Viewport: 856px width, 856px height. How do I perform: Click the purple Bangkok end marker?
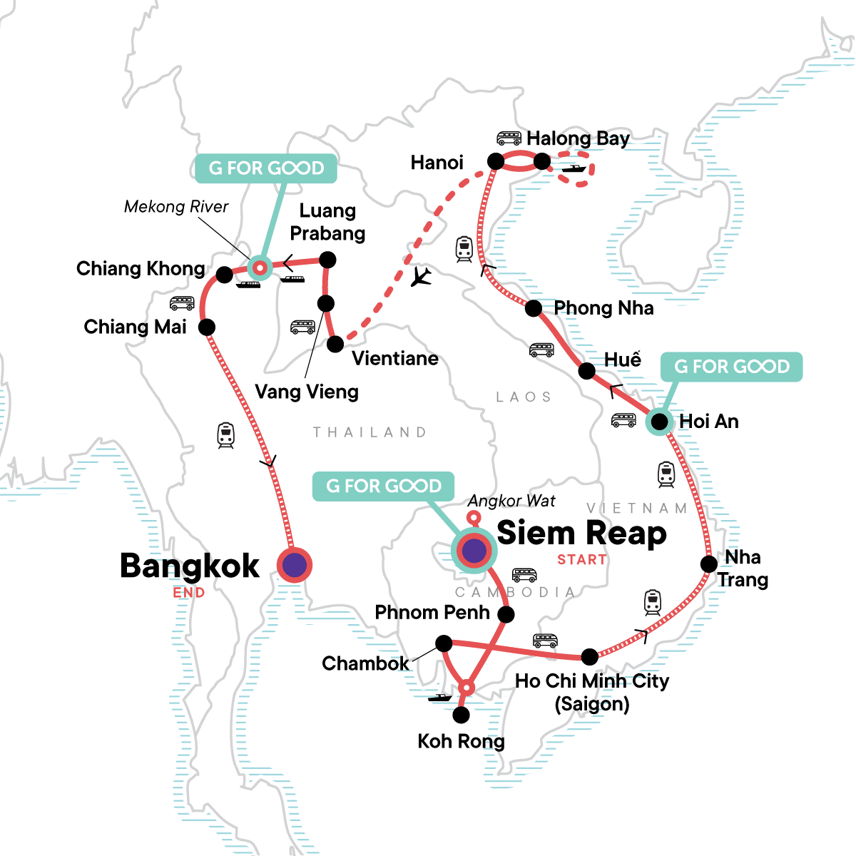tap(295, 566)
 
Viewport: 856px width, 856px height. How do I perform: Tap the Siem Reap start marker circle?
tap(474, 550)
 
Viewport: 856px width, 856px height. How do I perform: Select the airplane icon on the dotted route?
tap(422, 277)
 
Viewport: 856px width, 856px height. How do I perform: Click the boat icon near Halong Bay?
tap(574, 169)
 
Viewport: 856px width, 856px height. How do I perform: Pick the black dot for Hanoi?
tap(496, 162)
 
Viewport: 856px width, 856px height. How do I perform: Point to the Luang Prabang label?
tap(327, 222)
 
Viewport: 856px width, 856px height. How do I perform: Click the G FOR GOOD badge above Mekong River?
tap(266, 168)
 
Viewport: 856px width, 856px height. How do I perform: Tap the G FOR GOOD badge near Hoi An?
tap(732, 367)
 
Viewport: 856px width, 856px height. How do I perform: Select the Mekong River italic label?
tap(176, 207)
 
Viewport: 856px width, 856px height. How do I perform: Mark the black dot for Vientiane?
tap(335, 345)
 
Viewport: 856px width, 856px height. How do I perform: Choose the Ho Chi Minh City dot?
tap(589, 656)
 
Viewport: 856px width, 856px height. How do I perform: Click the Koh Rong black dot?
tap(462, 713)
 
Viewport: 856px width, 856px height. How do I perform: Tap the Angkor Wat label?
tap(511, 501)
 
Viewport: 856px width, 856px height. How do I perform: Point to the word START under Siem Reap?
tap(581, 560)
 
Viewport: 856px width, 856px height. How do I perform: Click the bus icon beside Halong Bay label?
tap(509, 138)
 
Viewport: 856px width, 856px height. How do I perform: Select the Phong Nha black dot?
tap(534, 309)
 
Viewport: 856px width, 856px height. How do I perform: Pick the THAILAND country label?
tap(370, 432)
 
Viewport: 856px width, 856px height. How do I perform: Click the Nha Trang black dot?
tap(708, 564)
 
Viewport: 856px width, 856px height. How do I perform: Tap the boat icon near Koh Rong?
tap(440, 697)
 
